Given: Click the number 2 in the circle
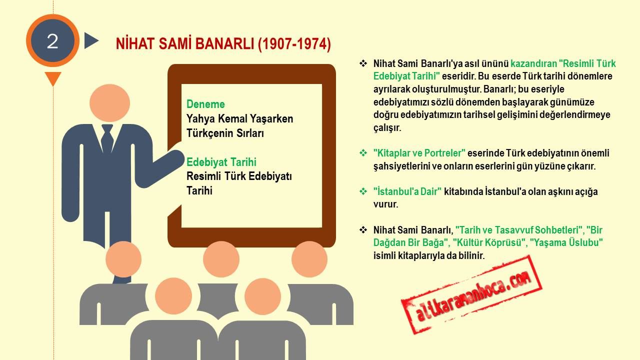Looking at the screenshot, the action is coord(52,41).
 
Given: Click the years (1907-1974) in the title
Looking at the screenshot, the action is coord(294,44).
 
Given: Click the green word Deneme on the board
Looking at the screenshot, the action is coord(205,104).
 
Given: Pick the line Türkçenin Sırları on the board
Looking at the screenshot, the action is coord(225,133).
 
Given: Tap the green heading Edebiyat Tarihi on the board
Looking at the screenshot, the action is coord(221,162).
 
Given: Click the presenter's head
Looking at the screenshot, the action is coord(109,103).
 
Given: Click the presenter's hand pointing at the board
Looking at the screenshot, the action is coord(175,158).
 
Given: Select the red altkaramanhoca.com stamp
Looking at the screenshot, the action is coord(471,295).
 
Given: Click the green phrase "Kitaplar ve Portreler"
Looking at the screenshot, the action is coord(419,153).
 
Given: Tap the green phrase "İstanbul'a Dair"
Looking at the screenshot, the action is coord(407,191).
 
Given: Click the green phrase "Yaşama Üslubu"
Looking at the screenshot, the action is coord(566,242).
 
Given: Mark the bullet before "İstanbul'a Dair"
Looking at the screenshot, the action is coord(363,191).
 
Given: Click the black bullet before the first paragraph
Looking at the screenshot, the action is coord(363,63).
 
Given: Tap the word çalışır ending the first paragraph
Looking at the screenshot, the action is coord(387,127).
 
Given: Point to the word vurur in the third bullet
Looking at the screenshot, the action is coord(385,204).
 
